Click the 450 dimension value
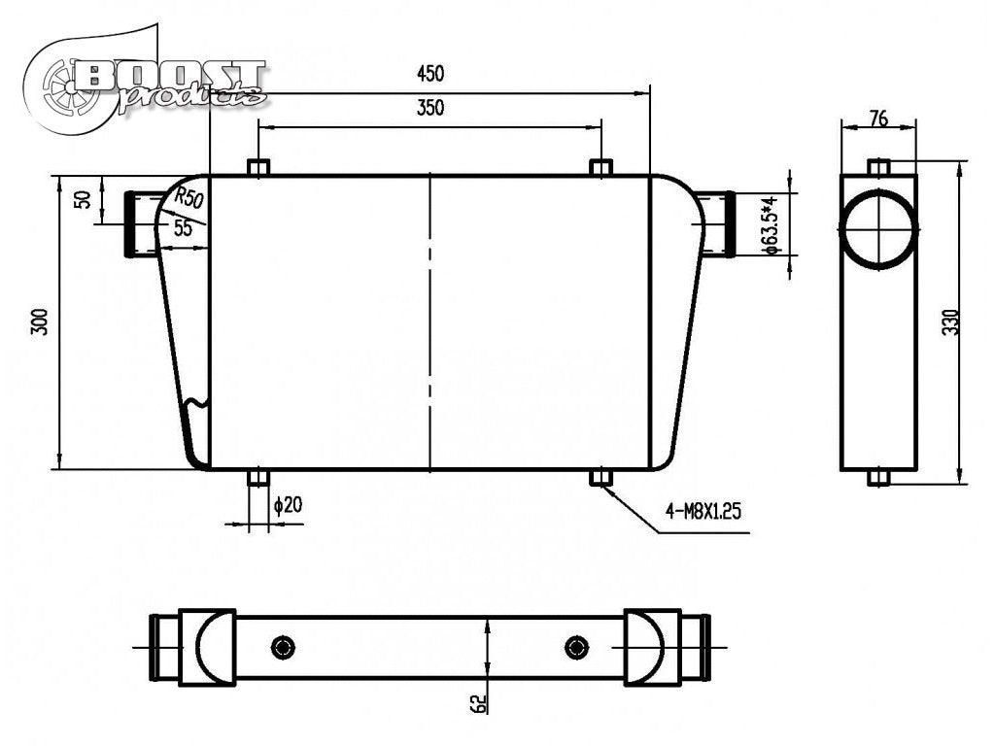click(x=430, y=74)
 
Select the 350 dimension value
click(x=430, y=108)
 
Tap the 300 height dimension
click(x=41, y=322)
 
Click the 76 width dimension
click(x=878, y=119)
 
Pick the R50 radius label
click(x=189, y=197)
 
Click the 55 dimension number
click(x=183, y=227)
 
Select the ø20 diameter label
click(x=288, y=505)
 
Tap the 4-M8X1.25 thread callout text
click(x=703, y=511)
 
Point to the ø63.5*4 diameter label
click(x=771, y=225)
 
